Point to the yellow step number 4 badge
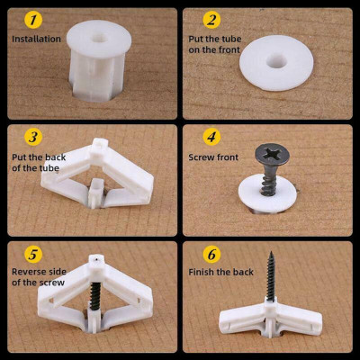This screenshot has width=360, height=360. point(211,137)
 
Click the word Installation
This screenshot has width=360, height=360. point(37,39)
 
